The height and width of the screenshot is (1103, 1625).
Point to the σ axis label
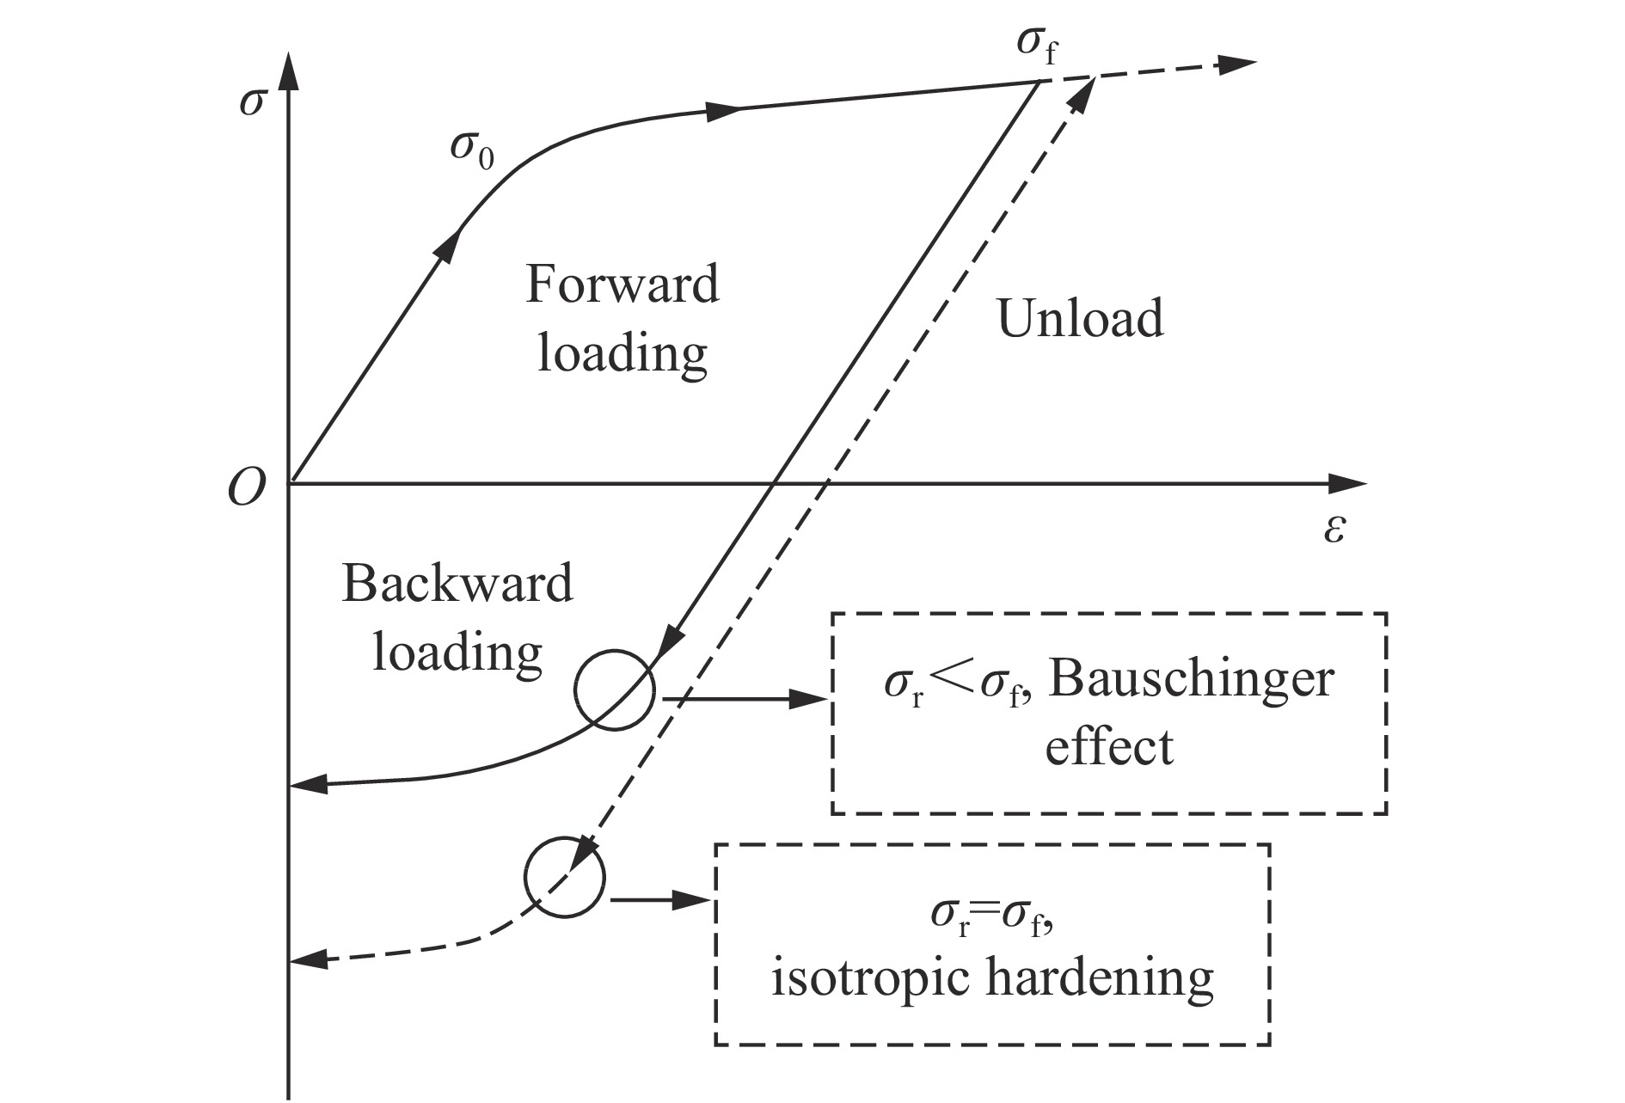253,102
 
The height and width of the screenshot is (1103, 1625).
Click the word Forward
622,285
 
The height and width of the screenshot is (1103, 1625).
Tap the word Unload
1080,318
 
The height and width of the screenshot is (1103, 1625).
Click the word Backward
457,585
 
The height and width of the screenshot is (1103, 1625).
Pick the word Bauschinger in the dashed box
1192,679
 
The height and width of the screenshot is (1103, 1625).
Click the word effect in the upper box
1108,746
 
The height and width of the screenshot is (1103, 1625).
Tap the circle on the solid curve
614,691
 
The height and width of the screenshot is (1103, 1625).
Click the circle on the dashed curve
565,878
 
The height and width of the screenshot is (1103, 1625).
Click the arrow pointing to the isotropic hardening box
662,900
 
